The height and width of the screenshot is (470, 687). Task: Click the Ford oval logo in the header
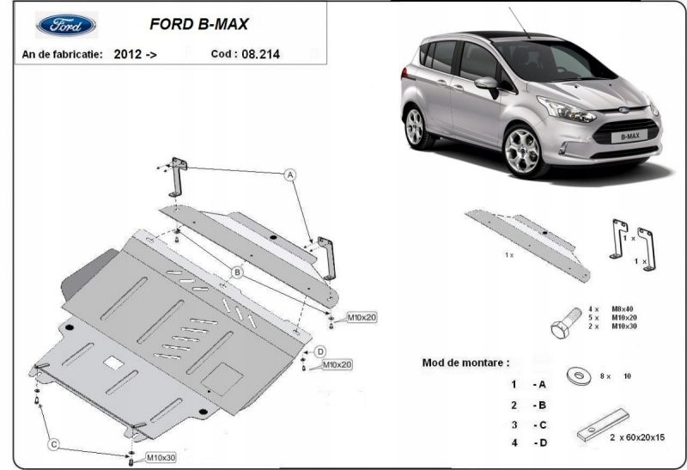coord(67,25)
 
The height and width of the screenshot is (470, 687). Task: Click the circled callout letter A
coord(290,174)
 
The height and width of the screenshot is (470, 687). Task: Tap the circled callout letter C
coord(53,443)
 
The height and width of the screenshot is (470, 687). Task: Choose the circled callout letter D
coord(319,351)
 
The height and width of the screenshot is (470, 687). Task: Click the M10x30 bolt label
coord(160,457)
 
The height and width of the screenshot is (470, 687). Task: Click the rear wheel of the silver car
coord(414,127)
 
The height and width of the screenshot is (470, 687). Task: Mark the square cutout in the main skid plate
coord(113,363)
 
